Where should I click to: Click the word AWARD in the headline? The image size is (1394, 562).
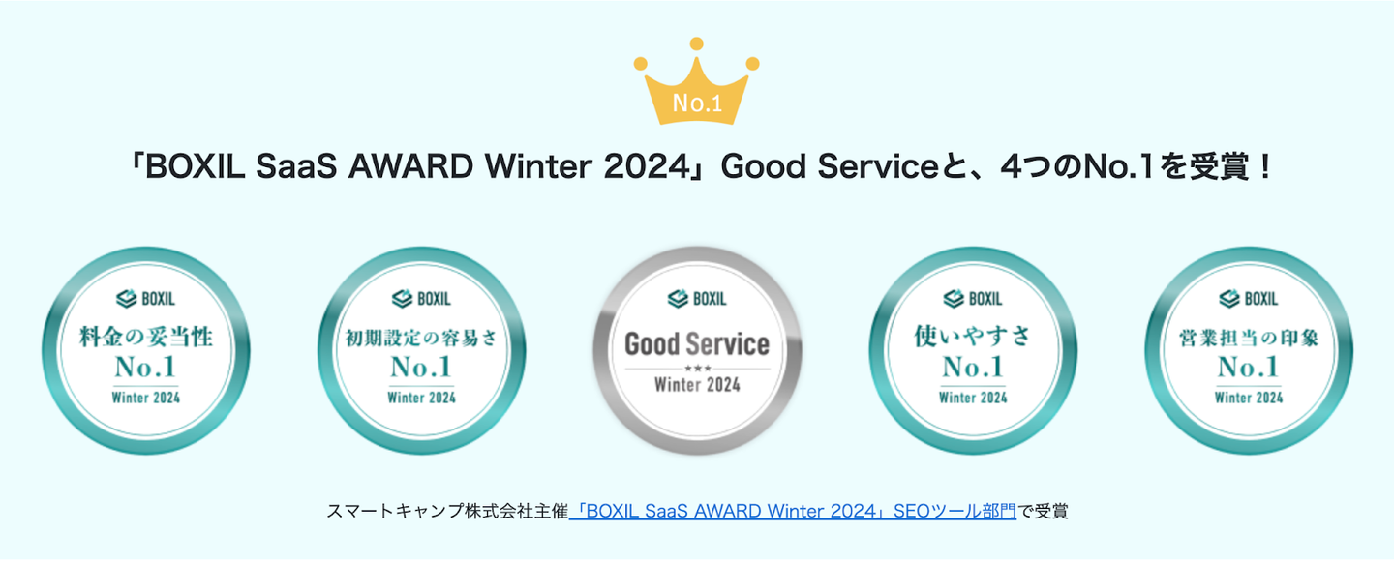pyautogui.click(x=410, y=166)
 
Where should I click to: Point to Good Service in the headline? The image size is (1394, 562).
pyautogui.click(x=829, y=166)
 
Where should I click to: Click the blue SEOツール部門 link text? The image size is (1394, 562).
pyautogui.click(x=955, y=511)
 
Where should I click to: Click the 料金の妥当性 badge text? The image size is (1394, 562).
pyautogui.click(x=146, y=337)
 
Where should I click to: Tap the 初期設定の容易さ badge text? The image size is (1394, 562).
pyautogui.click(x=422, y=338)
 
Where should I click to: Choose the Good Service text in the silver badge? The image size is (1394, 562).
pyautogui.click(x=697, y=343)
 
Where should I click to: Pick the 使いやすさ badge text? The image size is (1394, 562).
pyautogui.click(x=973, y=337)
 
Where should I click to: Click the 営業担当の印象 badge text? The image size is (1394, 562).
pyautogui.click(x=1249, y=338)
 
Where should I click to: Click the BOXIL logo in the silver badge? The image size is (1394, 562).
pyautogui.click(x=697, y=299)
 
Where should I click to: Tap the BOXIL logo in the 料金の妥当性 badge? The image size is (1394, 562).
pyautogui.click(x=145, y=299)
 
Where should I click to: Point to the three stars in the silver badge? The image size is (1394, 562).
pyautogui.click(x=697, y=368)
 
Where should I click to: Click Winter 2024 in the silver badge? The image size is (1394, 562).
pyautogui.click(x=697, y=385)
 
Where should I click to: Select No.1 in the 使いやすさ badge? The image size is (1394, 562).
pyautogui.click(x=973, y=367)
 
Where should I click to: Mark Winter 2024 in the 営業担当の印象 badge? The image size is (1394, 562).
pyautogui.click(x=1249, y=398)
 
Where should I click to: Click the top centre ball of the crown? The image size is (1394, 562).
pyautogui.click(x=697, y=44)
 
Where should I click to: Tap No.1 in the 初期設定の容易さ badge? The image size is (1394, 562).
pyautogui.click(x=421, y=367)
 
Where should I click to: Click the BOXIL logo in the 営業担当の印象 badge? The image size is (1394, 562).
pyautogui.click(x=1249, y=299)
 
